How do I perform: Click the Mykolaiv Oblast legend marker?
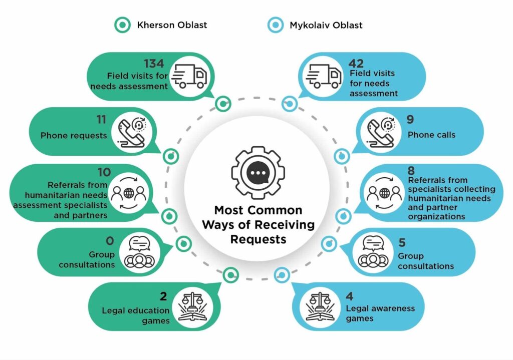pos(275,25)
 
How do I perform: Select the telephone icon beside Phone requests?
pos(131,133)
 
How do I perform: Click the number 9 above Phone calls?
pos(411,121)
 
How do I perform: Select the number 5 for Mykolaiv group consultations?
pos(402,243)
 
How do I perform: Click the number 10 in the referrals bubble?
pos(104,172)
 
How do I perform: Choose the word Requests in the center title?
pos(258,239)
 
